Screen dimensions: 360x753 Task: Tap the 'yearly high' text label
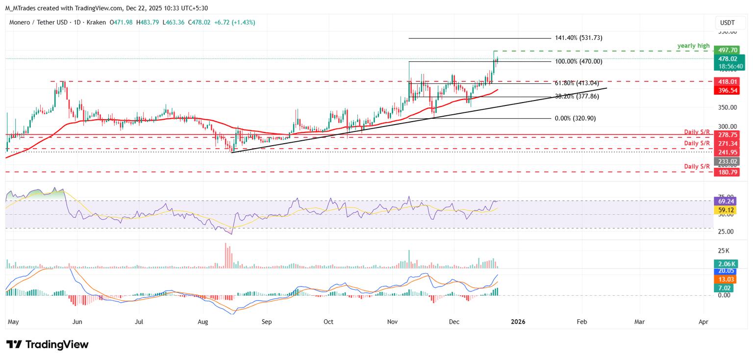pyautogui.click(x=693, y=46)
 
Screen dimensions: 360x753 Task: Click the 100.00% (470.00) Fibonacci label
pyautogui.click(x=578, y=61)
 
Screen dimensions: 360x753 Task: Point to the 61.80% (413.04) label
pyautogui.click(x=577, y=83)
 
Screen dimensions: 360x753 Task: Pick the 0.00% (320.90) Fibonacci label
pyautogui.click(x=575, y=118)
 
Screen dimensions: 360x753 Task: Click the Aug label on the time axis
pyautogui.click(x=202, y=322)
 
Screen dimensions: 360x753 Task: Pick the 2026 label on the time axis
pyautogui.click(x=518, y=322)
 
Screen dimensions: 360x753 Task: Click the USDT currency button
pyautogui.click(x=727, y=23)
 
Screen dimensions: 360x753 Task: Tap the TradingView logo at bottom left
pyautogui.click(x=47, y=344)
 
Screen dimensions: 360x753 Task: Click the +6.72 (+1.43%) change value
pyautogui.click(x=235, y=23)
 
